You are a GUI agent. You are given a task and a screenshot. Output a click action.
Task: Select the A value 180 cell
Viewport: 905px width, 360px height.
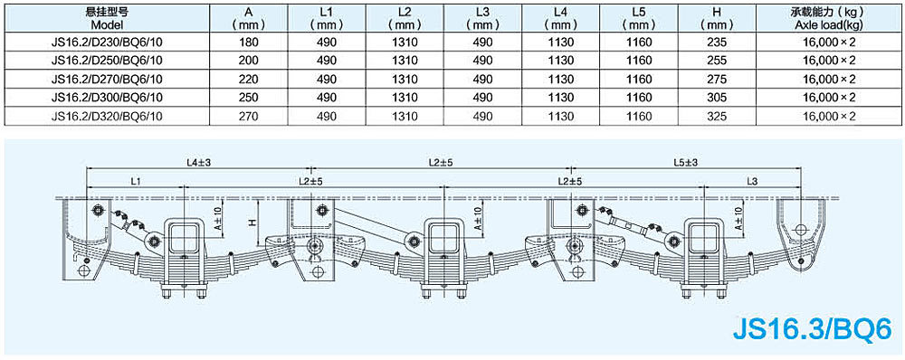coord(248,43)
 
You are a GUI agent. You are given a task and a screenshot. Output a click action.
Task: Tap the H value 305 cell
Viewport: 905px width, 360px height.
coord(716,98)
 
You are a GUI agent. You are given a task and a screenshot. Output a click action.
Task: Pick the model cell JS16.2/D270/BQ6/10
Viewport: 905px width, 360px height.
coord(107,79)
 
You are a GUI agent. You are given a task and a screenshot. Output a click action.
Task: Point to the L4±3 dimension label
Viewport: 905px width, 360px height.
coord(199,163)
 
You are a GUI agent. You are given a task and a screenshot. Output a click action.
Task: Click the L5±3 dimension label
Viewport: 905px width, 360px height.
coord(685,163)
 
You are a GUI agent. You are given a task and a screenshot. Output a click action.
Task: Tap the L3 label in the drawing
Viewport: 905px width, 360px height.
coord(751,181)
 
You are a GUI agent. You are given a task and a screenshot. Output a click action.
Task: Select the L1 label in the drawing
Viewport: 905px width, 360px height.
coord(137,181)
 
